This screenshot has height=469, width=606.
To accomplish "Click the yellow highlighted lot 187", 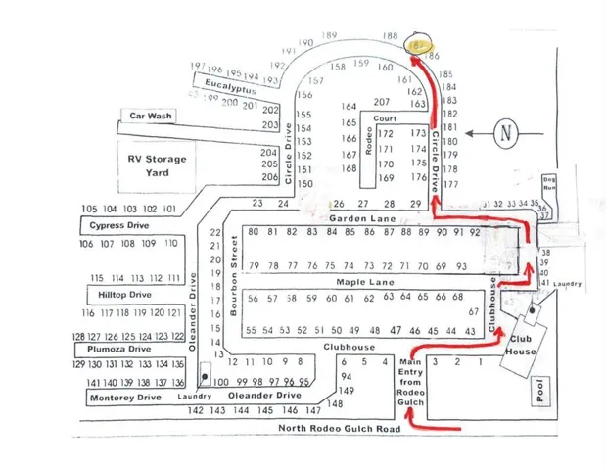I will tap(418, 45).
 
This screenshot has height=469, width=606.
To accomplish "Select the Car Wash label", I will tap(151, 116).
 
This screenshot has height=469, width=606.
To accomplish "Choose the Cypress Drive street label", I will tap(119, 225).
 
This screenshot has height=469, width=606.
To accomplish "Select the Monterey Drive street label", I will tap(125, 398).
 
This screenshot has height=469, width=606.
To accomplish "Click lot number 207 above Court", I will tap(382, 102).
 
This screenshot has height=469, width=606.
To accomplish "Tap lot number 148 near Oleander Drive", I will tap(335, 403).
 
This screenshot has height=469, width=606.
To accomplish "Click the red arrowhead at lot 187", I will tap(411, 59).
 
